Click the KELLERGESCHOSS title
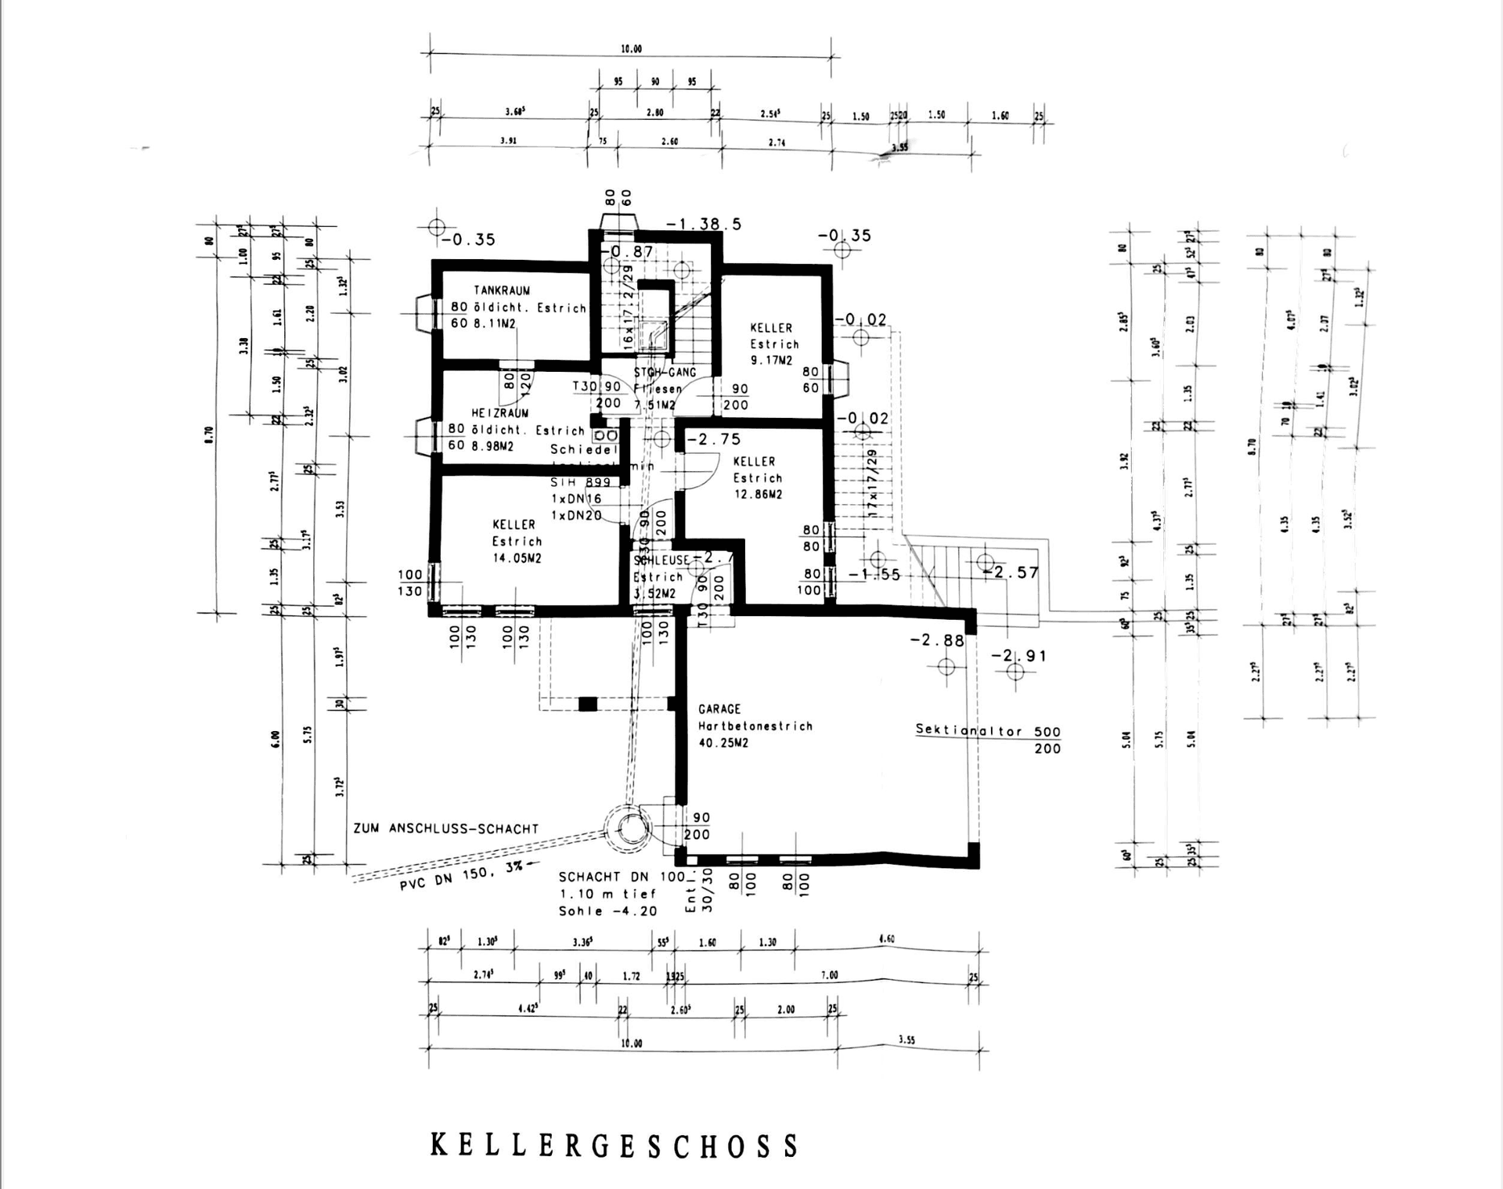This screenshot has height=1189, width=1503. click(x=615, y=1145)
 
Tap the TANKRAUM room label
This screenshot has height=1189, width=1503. click(x=502, y=290)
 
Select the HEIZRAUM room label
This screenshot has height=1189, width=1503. click(x=499, y=413)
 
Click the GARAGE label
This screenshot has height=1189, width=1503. click(x=719, y=709)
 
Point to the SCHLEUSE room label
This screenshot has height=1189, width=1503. click(x=661, y=560)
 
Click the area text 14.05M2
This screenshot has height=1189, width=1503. click(x=517, y=558)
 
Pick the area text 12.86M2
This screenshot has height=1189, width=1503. click(x=758, y=495)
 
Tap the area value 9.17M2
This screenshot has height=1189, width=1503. click(x=771, y=361)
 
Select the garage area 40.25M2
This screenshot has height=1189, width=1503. click(x=723, y=743)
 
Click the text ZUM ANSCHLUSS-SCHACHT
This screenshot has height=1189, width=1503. click(x=446, y=829)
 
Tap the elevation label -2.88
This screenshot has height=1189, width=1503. click(x=937, y=640)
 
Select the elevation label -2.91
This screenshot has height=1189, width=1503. click(x=1018, y=656)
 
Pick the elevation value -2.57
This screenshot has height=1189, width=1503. click(x=1015, y=573)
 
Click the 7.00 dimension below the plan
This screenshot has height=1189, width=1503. click(x=829, y=975)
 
